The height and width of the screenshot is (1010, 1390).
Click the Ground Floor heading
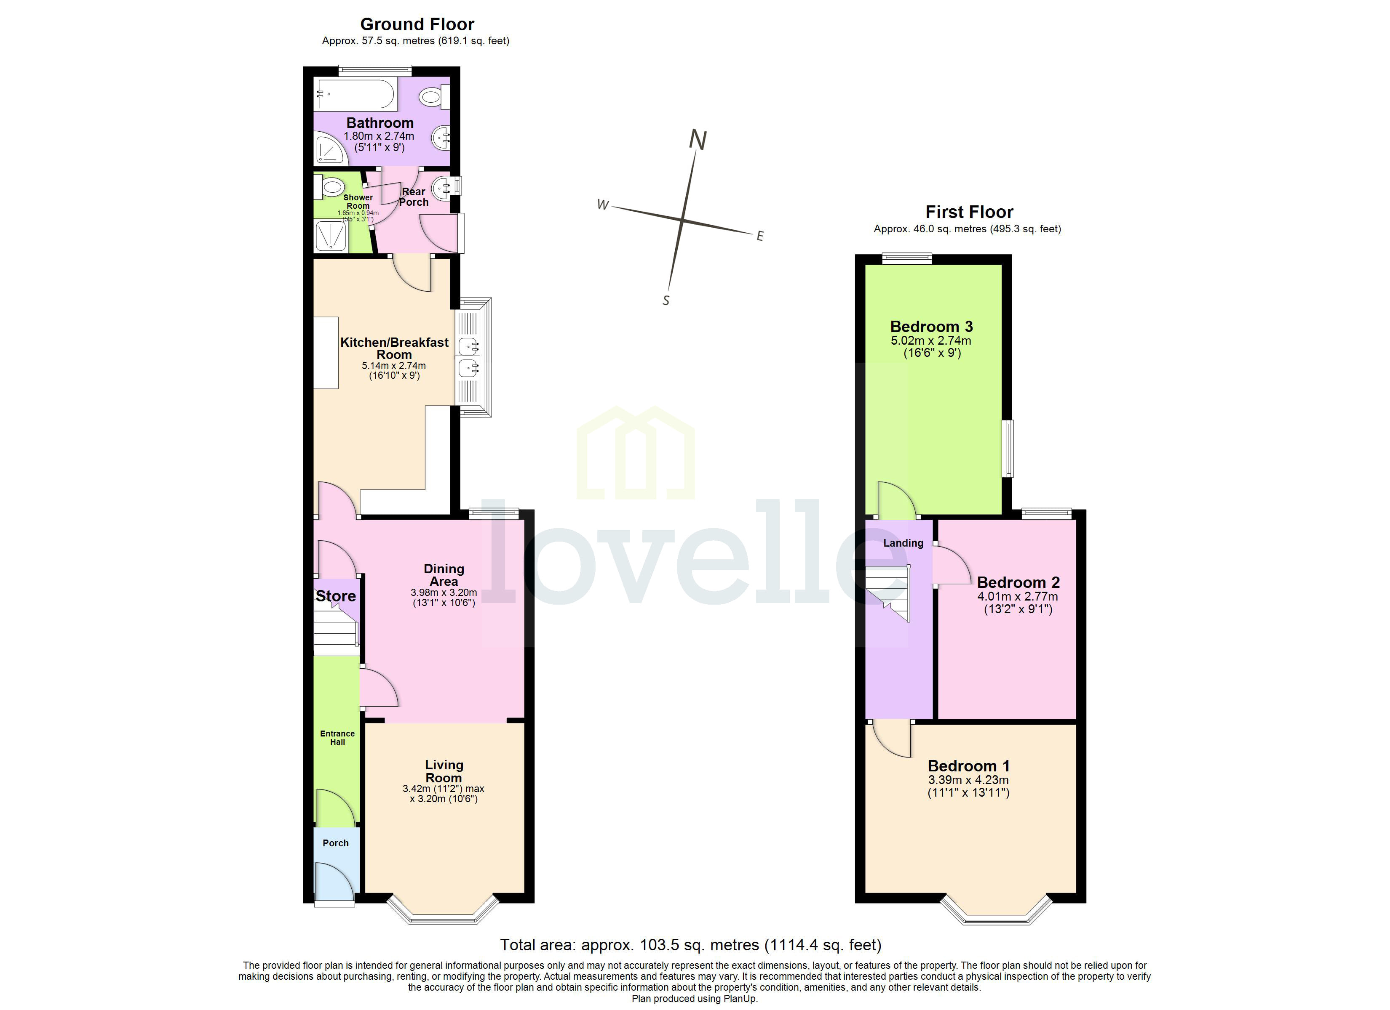coord(417,24)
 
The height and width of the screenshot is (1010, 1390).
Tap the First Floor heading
coord(969,212)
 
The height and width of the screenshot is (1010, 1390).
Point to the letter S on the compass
coord(666,301)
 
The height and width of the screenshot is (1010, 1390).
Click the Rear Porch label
coord(414,197)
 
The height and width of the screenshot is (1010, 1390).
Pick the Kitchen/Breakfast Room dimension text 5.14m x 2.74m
coord(393,366)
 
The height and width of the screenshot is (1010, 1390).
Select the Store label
coord(336,596)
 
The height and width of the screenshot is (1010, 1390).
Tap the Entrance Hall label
coord(337,737)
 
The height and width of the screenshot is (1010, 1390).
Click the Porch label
coord(336,843)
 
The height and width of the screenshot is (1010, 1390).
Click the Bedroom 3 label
coord(931,327)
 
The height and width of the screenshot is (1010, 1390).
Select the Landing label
coord(903,543)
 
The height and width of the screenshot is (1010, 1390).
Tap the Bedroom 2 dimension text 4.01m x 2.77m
coord(1017,597)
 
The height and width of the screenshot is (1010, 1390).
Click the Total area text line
coord(691,945)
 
